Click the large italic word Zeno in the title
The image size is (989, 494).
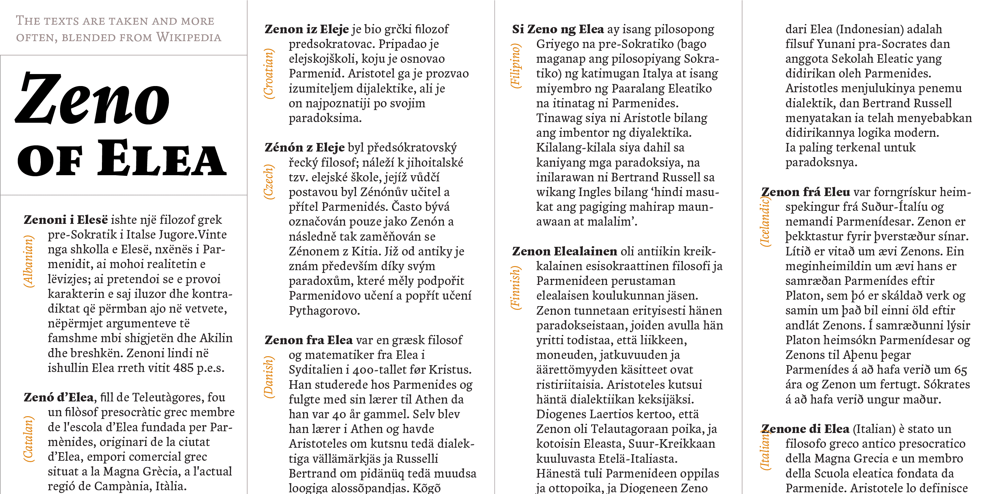click(x=92, y=99)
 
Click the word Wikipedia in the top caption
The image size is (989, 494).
click(x=188, y=37)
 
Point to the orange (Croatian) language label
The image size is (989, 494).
click(x=268, y=74)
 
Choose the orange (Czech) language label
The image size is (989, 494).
click(x=268, y=182)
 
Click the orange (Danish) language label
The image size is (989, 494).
click(x=268, y=377)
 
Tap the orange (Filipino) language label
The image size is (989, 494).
click(x=516, y=66)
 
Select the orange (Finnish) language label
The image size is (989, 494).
click(x=516, y=288)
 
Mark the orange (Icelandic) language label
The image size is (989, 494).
click(x=765, y=221)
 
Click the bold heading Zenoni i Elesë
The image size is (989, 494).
click(x=66, y=220)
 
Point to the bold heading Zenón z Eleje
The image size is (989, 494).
click(x=304, y=148)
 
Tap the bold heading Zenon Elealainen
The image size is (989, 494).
click(x=564, y=251)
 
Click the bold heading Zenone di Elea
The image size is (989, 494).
click(x=805, y=429)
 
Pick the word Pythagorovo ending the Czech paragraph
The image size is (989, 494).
click(x=324, y=311)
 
